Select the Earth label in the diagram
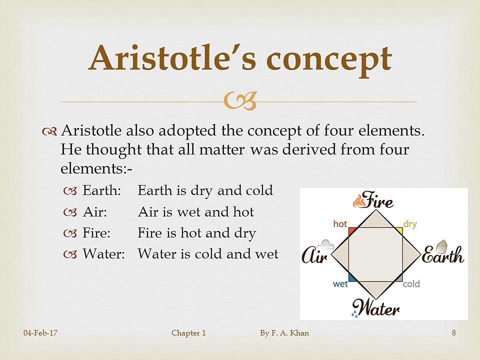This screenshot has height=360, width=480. [x=443, y=256]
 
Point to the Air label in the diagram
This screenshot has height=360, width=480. [x=315, y=256]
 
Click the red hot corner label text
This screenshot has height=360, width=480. [x=340, y=224]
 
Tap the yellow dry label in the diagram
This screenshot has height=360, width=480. [x=410, y=224]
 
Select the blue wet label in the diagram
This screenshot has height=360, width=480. [x=340, y=284]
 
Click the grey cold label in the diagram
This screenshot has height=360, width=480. [x=411, y=284]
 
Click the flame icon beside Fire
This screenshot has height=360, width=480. [x=359, y=201]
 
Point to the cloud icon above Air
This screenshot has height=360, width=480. [x=327, y=244]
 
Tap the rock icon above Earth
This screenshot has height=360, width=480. [x=441, y=246]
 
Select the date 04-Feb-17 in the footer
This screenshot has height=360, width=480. [x=40, y=333]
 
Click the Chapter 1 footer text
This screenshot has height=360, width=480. [x=188, y=333]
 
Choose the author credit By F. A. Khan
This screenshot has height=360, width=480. [x=284, y=333]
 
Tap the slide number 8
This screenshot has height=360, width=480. [x=453, y=333]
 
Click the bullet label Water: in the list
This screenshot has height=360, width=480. [x=103, y=254]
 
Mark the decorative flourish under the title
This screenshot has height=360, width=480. [x=240, y=100]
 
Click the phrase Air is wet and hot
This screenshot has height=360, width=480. [x=195, y=212]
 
